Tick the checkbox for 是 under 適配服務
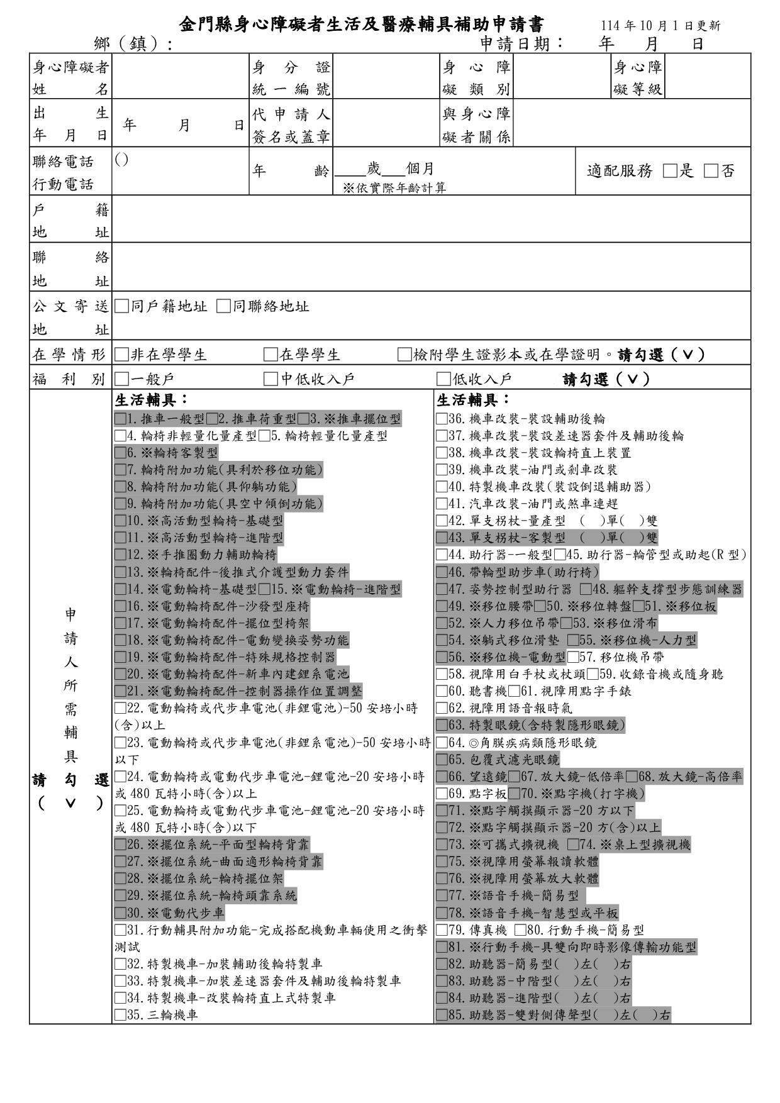671,171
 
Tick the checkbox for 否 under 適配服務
711,171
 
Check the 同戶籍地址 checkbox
121,306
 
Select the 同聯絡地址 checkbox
223,306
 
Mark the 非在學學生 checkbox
121,355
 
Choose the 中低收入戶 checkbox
270,379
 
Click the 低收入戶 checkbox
443,379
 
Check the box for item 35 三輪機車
120,1014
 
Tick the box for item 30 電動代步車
120,912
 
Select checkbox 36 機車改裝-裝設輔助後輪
442,419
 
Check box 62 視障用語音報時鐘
442,708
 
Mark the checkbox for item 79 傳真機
442,929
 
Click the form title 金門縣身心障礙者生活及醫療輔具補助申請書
362,25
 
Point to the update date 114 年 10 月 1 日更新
660,26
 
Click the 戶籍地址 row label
70,219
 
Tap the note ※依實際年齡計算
394,187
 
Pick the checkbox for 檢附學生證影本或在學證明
404,355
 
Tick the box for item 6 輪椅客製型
120,453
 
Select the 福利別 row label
70,379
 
